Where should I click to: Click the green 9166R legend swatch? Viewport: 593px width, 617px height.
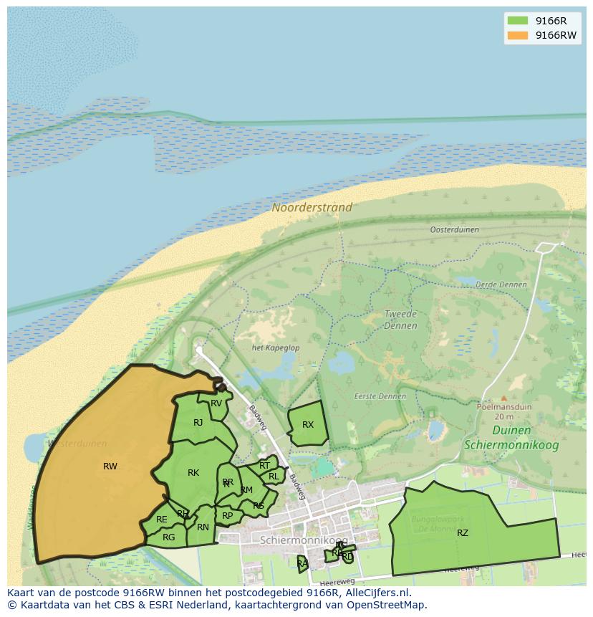[516, 21]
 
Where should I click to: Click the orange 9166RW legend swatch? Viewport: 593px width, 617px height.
[516, 35]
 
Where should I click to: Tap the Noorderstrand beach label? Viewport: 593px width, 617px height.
[312, 208]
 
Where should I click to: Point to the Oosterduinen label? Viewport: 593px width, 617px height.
[455, 230]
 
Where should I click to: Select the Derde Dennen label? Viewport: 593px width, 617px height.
[501, 284]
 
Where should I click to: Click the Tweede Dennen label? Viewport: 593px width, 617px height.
[400, 320]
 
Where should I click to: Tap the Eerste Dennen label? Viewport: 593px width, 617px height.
[380, 396]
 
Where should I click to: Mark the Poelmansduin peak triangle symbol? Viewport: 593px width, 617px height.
[503, 398]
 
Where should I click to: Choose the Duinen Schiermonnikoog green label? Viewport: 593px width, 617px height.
[511, 437]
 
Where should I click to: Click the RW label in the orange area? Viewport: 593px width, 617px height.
[110, 467]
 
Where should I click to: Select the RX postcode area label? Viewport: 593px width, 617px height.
[308, 425]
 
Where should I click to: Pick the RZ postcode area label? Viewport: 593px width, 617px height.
[463, 532]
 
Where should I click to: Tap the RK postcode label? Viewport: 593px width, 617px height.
[193, 473]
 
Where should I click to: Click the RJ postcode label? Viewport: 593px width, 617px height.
[198, 423]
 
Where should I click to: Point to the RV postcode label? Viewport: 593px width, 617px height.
[216, 403]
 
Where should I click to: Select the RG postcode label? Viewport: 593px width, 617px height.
[169, 537]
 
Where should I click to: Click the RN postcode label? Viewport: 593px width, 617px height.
[203, 527]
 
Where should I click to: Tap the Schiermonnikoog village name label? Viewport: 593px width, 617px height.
[304, 540]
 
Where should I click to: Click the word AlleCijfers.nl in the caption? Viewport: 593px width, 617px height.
[375, 593]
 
